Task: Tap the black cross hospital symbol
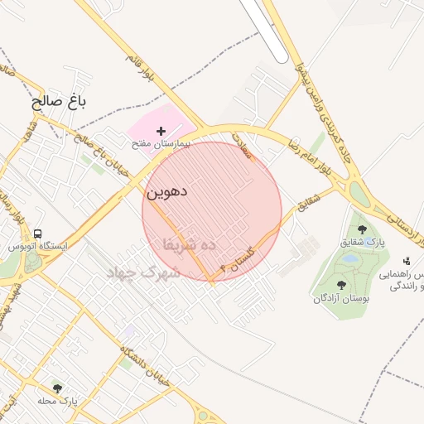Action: click(161, 131)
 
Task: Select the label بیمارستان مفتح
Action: click(161, 143)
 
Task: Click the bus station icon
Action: click(40, 234)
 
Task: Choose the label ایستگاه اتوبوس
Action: click(37, 246)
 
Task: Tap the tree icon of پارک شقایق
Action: click(362, 229)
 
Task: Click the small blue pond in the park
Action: click(350, 258)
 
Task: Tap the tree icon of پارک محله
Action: click(57, 388)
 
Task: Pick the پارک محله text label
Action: click(57, 401)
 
